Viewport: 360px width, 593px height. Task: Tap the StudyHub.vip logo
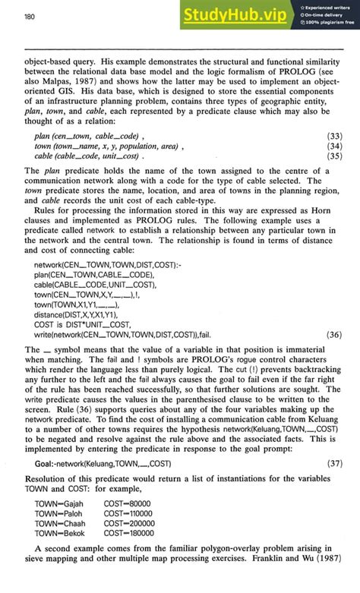pos(239,15)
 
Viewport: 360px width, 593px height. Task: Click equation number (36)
pos(333,333)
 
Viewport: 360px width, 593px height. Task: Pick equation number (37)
pos(333,462)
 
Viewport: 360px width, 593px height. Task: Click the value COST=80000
pos(128,503)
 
